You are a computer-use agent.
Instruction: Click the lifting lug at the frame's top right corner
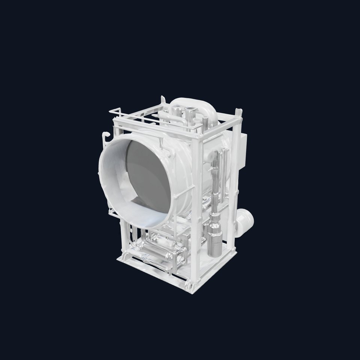point(238,112)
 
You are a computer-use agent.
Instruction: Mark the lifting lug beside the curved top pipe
point(163,100)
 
